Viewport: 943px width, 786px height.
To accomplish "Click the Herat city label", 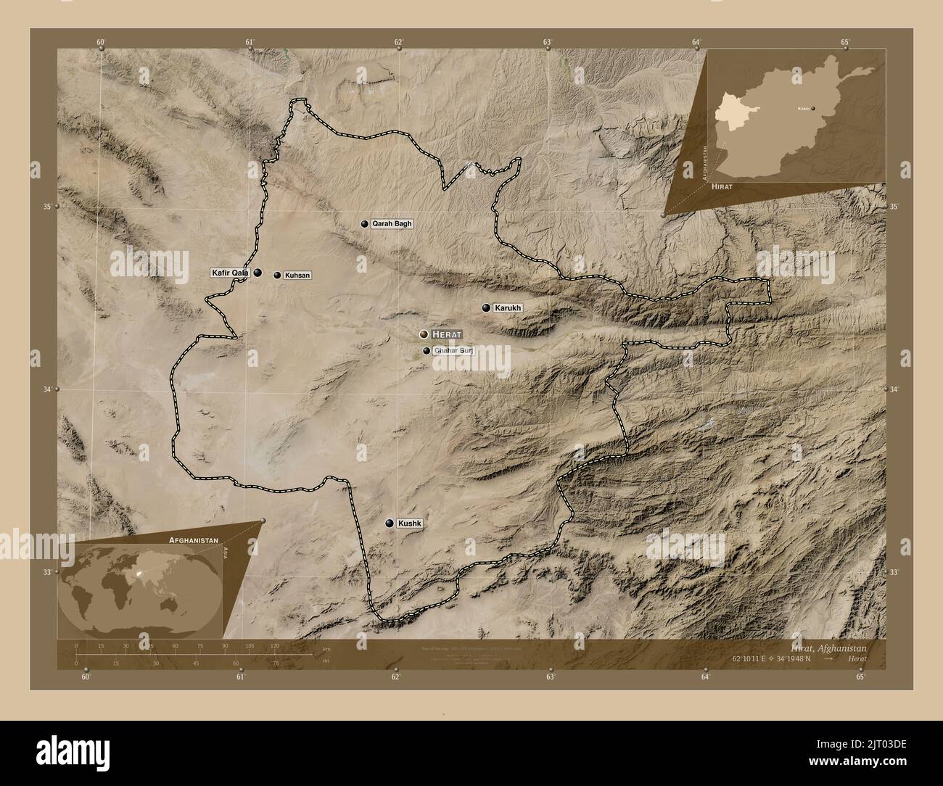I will pos(446,334).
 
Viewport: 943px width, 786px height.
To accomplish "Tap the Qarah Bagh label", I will pos(392,224).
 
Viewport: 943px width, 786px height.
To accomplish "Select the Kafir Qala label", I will pos(229,273).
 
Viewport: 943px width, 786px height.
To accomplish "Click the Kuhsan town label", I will pos(297,276).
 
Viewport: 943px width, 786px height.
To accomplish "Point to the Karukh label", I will pos(508,308).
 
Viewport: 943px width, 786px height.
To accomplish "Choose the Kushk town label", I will pos(410,523).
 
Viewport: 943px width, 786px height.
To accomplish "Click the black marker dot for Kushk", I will pos(390,523).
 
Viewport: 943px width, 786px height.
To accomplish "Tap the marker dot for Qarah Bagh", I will pos(365,224).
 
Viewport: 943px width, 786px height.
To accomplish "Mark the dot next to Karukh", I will pos(486,308).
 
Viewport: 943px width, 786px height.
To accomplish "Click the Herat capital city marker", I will pos(424,334).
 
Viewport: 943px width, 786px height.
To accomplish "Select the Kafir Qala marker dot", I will pos(258,273).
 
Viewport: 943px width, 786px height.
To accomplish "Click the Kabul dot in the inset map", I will pos(813,109).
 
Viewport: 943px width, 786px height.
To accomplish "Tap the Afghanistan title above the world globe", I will pos(194,541).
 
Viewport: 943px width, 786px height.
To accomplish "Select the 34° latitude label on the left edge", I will pos(47,390).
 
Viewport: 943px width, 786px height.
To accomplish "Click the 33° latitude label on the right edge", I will pos(894,573).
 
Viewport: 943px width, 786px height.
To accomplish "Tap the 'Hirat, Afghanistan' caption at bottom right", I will pos(836,648).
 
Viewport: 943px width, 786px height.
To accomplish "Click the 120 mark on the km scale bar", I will pos(274,645).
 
